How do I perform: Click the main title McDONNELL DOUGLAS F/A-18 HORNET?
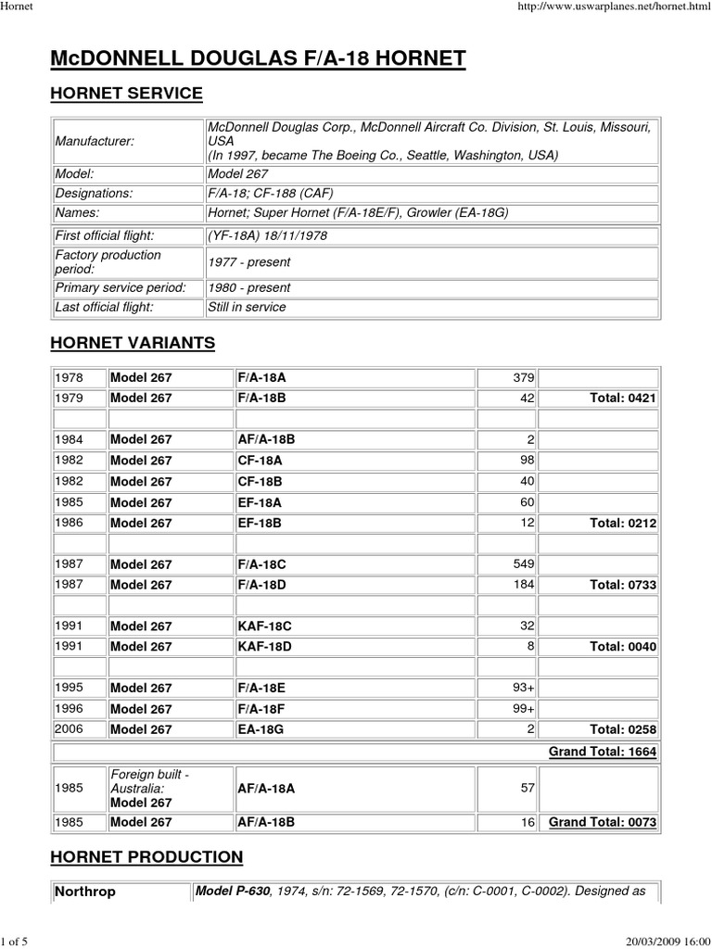point(258,60)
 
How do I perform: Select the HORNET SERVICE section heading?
point(125,94)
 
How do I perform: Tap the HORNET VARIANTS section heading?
point(132,343)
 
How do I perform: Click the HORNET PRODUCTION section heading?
point(146,856)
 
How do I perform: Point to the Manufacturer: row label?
point(94,141)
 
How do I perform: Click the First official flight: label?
point(104,235)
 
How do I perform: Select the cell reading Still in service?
point(247,307)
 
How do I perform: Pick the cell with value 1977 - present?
point(248,261)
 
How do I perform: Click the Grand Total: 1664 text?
point(603,752)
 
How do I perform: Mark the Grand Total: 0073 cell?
point(603,822)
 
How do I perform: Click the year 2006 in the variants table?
point(70,729)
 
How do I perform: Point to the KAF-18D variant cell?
point(264,645)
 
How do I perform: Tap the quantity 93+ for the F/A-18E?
point(522,688)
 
